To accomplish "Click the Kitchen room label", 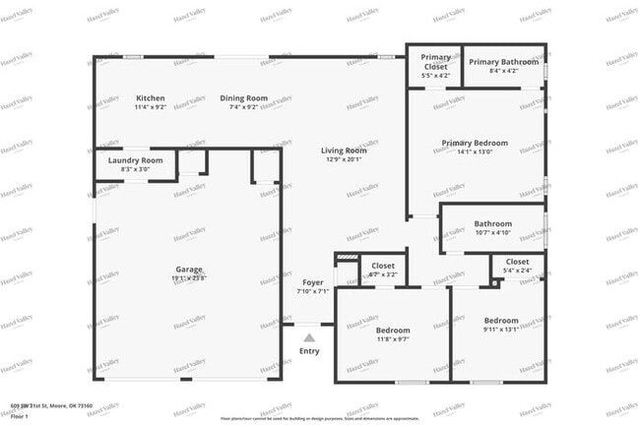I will [151, 98].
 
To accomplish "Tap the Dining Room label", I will [243, 98].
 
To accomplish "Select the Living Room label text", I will [342, 151].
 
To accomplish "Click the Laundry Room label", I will [135, 159].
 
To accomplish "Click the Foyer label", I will [312, 282].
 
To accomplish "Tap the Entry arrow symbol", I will [309, 337].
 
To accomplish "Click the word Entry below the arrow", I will [309, 351].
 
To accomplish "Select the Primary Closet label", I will [434, 62].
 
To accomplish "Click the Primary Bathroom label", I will [503, 62].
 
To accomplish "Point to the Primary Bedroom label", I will [475, 144].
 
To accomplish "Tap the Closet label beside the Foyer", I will [383, 266].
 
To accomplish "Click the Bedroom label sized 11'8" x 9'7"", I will [393, 331].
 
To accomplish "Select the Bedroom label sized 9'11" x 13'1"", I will [500, 321].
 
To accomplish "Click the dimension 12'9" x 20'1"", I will [342, 159].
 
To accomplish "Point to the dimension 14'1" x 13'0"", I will [475, 152].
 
